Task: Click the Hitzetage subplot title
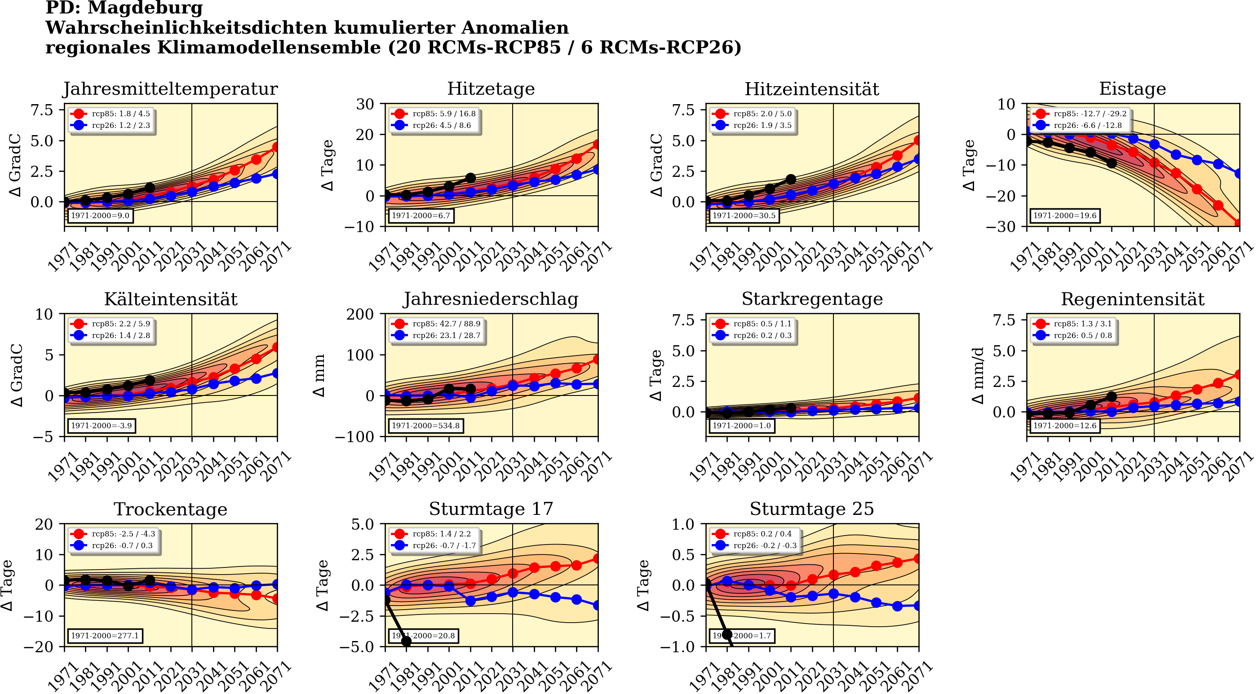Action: click(491, 89)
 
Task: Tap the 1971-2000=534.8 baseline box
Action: click(425, 426)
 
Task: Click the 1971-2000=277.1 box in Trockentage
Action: click(105, 636)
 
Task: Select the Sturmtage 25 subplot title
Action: click(812, 509)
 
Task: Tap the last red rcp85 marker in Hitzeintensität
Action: click(918, 141)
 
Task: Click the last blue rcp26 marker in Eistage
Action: click(1239, 173)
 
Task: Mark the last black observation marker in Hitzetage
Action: click(470, 178)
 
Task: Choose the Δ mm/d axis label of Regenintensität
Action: click(978, 375)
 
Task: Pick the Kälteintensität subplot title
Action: click(170, 299)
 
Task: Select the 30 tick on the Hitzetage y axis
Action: click(365, 104)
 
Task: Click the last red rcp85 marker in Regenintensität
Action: click(1239, 374)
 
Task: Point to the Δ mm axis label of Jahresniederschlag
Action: click(319, 375)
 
